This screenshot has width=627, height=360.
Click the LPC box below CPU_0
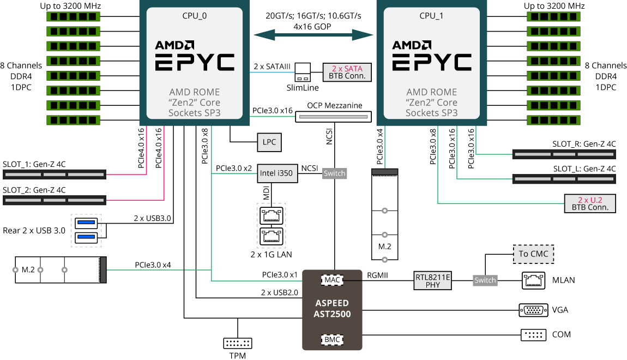click(269, 142)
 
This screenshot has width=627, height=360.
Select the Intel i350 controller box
click(276, 173)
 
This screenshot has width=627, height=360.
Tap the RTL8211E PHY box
click(433, 280)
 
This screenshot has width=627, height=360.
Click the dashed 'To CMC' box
click(533, 254)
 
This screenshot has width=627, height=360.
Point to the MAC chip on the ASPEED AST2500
click(332, 280)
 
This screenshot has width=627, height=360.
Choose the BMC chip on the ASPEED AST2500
click(332, 339)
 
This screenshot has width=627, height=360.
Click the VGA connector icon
click(533, 310)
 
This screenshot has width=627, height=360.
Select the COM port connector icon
click(533, 334)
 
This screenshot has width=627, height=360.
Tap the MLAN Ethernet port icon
click(533, 280)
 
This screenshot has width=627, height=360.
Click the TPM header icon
click(238, 343)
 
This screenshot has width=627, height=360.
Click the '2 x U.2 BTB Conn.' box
click(590, 203)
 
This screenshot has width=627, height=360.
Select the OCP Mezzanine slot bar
click(333, 116)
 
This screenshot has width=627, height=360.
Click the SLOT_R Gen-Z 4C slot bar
click(564, 154)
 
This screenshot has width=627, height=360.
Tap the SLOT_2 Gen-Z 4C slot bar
click(54, 200)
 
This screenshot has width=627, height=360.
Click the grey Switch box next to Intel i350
click(334, 173)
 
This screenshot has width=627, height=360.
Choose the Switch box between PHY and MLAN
click(485, 280)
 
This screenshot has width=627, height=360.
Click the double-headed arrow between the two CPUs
click(314, 35)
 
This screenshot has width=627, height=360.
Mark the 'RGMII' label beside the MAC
click(377, 275)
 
